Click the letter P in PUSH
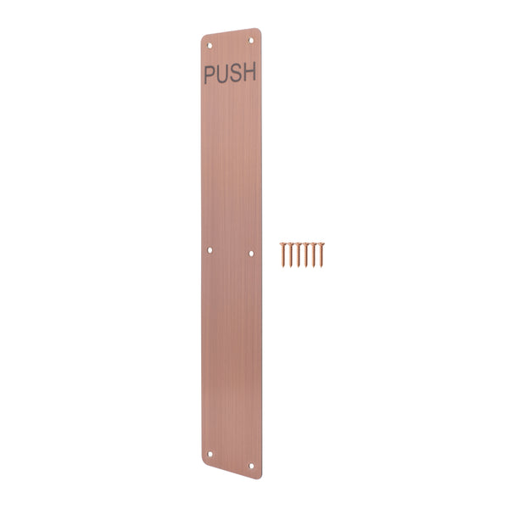click(x=210, y=74)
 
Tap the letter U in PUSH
click(x=222, y=74)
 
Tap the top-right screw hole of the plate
click(x=250, y=38)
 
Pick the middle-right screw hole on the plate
click(x=250, y=252)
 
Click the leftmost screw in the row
click(x=282, y=254)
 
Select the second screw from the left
click(x=290, y=254)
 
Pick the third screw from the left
click(x=299, y=254)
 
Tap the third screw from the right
click(x=306, y=254)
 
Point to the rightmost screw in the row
click(x=322, y=254)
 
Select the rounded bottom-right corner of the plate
click(x=258, y=473)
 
